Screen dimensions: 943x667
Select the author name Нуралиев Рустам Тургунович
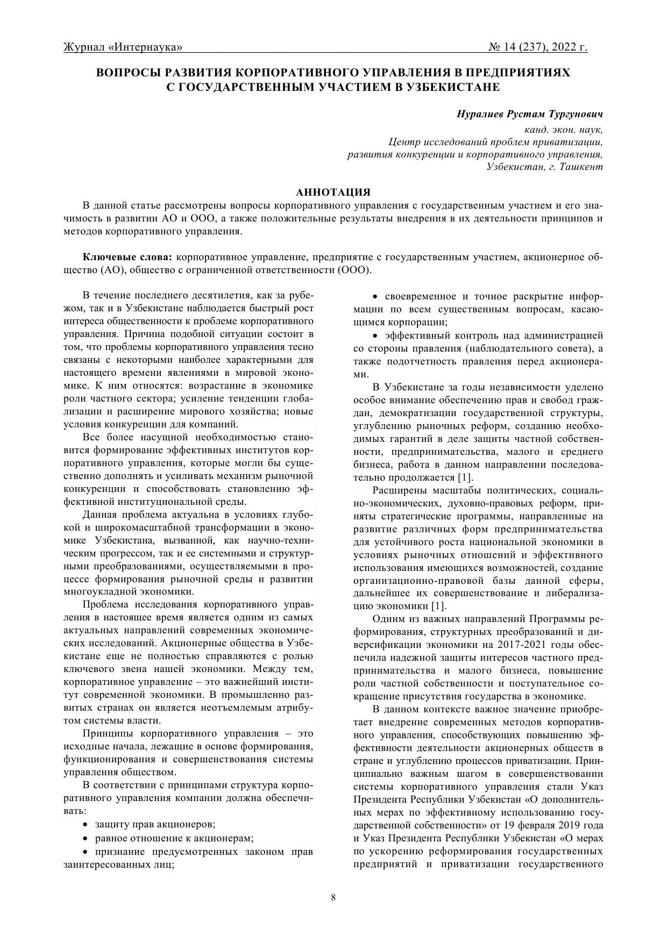529,114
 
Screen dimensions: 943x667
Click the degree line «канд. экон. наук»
563,130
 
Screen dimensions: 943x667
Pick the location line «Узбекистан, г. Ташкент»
544,167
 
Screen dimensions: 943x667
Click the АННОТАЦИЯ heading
333,192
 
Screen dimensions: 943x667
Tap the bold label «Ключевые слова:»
127,257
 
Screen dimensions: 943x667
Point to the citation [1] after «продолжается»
465,477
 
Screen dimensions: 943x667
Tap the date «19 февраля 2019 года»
553,825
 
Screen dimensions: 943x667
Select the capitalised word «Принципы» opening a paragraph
108,733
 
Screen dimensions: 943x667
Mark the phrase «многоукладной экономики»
129,591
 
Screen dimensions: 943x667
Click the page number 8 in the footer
334,897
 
